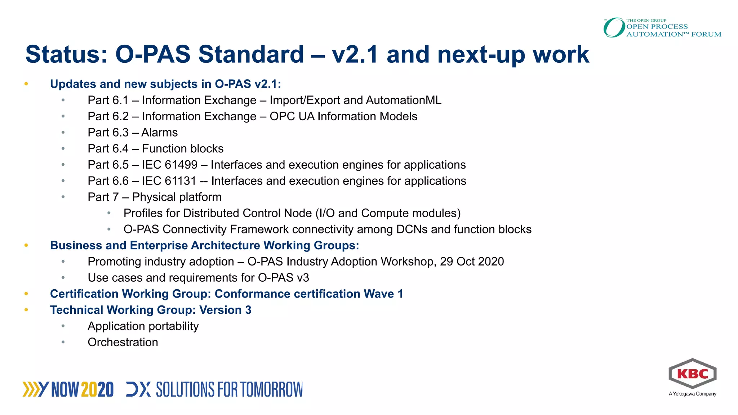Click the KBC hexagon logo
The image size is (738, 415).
pos(692,374)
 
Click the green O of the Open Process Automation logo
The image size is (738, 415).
pos(614,28)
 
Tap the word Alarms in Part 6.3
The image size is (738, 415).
pos(159,133)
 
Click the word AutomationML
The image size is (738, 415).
pos(403,100)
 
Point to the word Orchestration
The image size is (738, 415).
pos(123,342)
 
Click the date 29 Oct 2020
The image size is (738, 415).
pos(472,262)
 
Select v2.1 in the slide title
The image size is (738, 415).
pos(355,54)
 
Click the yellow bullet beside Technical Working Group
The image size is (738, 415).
pos(26,310)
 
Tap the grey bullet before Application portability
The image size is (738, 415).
pos(63,326)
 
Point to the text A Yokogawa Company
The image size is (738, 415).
pos(692,394)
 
